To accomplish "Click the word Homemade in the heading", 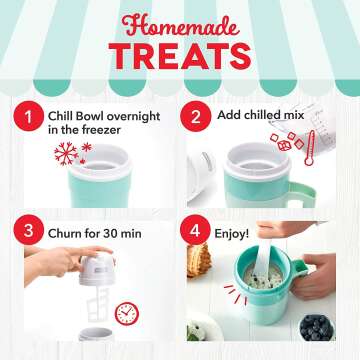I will (x=180, y=21).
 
